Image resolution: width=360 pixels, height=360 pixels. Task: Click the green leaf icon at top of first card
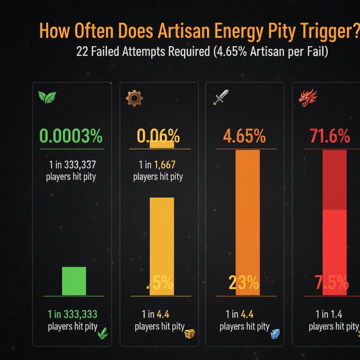coord(47,98)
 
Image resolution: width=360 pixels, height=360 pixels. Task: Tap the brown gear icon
coord(135,98)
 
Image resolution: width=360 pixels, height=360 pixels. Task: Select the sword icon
coord(221,97)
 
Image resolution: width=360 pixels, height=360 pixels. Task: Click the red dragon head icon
coord(308,98)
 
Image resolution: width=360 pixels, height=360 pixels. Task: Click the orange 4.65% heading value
coord(244,137)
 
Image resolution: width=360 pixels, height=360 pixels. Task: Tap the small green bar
coord(74,281)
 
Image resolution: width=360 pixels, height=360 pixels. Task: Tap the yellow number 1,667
coord(165,165)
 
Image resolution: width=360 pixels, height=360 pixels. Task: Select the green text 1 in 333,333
coord(72,314)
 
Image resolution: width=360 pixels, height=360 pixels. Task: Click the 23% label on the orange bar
coord(244,283)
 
